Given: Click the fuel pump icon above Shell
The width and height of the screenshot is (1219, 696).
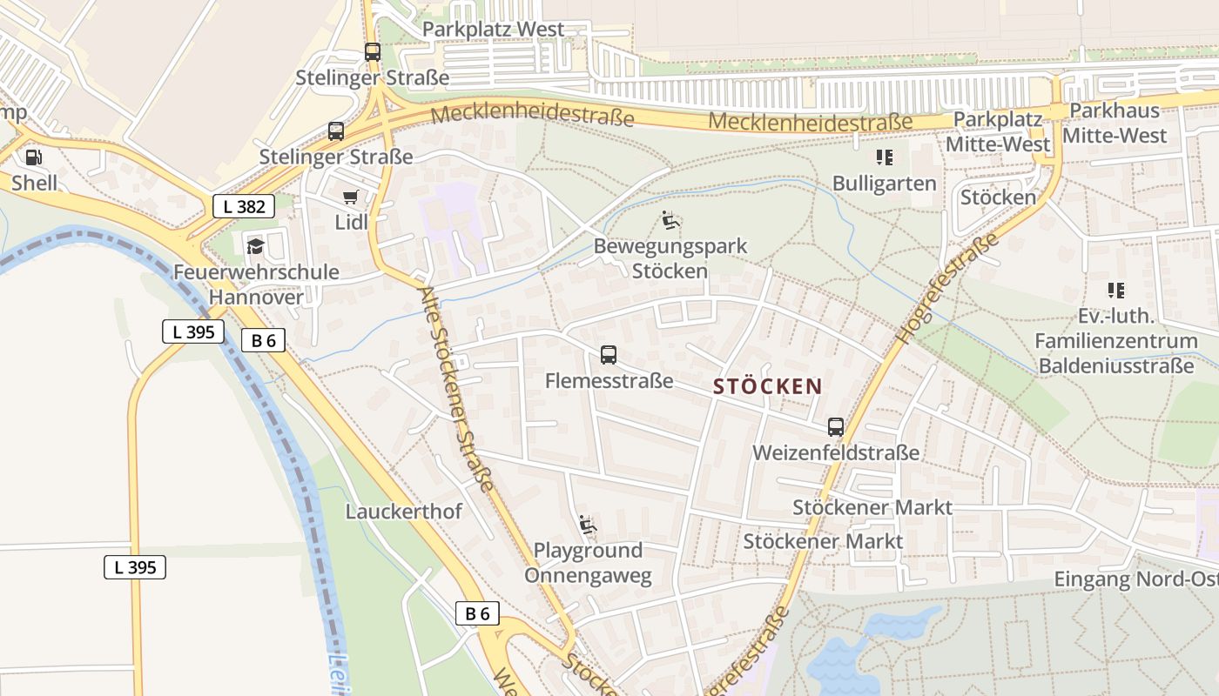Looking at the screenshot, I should point(33,157).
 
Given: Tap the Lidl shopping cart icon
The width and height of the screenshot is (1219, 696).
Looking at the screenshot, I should point(350,197).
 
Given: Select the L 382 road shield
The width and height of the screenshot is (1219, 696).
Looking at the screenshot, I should point(244,206).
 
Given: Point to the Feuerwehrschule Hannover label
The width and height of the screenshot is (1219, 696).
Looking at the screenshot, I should point(256,284).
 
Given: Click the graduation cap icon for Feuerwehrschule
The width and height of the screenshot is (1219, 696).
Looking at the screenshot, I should point(255,246).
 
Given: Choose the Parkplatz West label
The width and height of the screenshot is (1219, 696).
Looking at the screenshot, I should point(493,29).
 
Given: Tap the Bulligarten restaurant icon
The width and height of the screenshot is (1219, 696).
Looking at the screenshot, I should point(885,157).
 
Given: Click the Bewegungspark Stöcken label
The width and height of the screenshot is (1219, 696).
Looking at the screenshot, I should point(670,258).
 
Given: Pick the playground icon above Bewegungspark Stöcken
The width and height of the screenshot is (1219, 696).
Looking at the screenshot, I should point(670,220).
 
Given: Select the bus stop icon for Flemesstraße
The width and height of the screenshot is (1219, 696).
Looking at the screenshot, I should point(609,355).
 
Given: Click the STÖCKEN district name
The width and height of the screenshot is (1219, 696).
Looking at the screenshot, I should point(768,386).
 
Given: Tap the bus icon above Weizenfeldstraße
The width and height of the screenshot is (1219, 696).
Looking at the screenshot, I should point(836,427).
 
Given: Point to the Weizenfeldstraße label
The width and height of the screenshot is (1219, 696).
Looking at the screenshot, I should point(836,452).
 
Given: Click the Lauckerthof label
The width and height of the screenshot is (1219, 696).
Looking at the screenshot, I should point(404,511).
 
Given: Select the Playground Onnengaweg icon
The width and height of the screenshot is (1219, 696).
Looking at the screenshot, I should point(588,525).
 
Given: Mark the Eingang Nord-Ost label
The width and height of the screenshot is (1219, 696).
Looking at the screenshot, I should point(1135,579).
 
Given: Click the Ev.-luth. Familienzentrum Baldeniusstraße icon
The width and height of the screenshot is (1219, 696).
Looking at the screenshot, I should point(1116,291).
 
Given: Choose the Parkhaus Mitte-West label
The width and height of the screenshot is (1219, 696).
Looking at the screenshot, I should point(1115,123).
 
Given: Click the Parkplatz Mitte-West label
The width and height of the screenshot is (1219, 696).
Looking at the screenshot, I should point(998,131).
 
